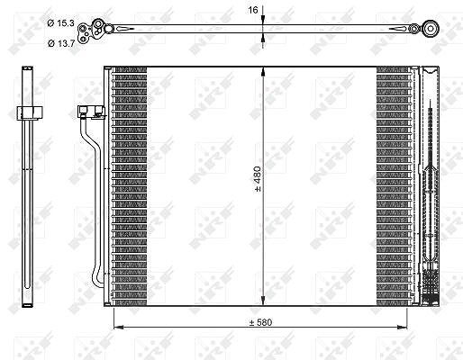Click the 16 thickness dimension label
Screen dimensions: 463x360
pyautogui.click(x=253, y=10)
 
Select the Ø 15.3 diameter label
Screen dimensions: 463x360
pyautogui.click(x=60, y=23)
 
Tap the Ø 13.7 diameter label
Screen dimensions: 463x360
pyautogui.click(x=61, y=43)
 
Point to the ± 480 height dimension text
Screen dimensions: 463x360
pyautogui.click(x=258, y=179)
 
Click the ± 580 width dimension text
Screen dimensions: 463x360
pyautogui.click(x=260, y=322)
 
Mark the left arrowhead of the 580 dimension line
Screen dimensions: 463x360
pyautogui.click(x=118, y=327)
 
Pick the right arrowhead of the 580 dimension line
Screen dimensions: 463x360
pyautogui.click(x=403, y=327)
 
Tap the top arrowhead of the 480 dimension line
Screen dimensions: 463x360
pyautogui.click(x=263, y=71)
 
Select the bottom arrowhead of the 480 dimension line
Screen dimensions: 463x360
pyautogui.click(x=263, y=301)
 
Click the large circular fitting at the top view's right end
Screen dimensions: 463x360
pyautogui.click(x=431, y=29)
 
